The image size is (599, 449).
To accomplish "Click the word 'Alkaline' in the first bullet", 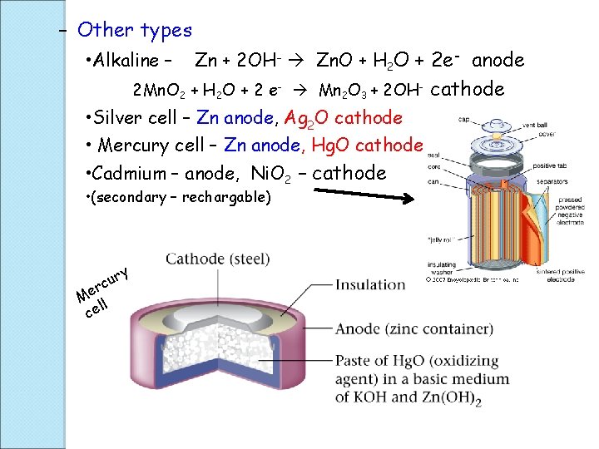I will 127,61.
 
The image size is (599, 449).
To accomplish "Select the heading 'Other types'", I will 134,31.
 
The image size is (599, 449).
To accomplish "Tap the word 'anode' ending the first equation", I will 498,60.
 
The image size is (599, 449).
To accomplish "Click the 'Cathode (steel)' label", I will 218,259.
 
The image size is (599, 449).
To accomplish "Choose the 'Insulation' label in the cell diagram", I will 369,285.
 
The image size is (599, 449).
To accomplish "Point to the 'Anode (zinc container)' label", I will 413,329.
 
